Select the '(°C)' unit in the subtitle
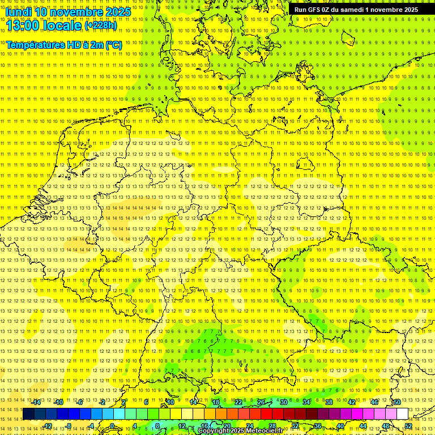[113, 45]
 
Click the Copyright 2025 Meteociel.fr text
[240, 431]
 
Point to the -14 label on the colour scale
[37, 402]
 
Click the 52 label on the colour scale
[408, 426]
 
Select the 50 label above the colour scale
[397, 402]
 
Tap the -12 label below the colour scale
[48, 426]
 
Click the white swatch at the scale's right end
[402, 414]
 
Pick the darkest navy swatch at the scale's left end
[28, 414]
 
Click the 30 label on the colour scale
[284, 402]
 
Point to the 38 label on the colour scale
[329, 402]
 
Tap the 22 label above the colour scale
[238, 402]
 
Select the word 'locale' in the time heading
[63, 25]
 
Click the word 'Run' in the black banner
[300, 10]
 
